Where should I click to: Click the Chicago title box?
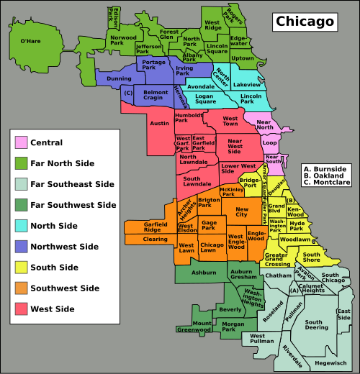305,22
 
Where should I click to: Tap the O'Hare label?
30,41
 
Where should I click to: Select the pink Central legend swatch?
22,142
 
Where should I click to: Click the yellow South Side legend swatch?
22,268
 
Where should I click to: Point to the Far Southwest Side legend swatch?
22,205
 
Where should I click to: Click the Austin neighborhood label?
159,123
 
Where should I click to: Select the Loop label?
269,142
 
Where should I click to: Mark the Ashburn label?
204,273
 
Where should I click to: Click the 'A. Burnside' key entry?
325,168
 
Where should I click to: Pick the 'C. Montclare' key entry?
328,183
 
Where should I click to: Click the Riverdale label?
292,352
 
